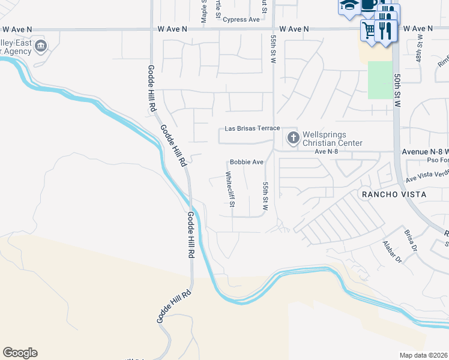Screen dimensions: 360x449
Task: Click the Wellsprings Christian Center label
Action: tap(333, 139)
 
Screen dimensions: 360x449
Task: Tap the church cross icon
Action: tap(292, 139)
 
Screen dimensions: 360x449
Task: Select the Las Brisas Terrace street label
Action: tap(252, 128)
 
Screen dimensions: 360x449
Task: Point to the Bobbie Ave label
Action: tap(247, 162)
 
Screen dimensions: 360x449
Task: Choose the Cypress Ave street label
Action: tap(241, 19)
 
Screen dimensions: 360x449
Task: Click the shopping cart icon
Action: tap(369, 29)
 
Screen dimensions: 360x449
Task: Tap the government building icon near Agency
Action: tap(40, 46)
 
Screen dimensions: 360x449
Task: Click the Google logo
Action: tap(20, 353)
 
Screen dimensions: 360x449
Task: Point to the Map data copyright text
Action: tap(424, 355)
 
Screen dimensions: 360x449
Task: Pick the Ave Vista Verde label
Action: tap(427, 175)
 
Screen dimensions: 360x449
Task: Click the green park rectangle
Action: tap(379, 80)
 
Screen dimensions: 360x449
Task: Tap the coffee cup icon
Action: tap(369, 6)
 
